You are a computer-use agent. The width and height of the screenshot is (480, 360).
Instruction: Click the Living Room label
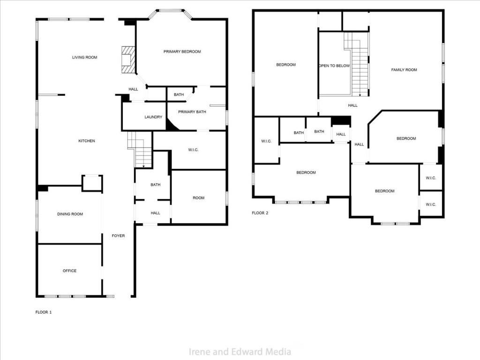point(84,58)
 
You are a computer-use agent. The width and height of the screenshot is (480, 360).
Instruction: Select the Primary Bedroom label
point(182,52)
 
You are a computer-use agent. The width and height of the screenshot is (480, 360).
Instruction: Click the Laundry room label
point(153,117)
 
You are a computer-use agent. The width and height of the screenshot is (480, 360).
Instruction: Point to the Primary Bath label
point(192,112)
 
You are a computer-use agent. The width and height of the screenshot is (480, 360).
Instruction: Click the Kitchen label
point(87,141)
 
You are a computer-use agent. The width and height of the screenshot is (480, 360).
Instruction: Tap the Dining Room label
point(70,214)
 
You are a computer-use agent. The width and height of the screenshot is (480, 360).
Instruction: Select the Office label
point(69,271)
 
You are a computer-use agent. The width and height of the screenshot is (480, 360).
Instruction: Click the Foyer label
point(118,236)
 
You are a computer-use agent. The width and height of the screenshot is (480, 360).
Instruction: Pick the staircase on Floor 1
point(140,150)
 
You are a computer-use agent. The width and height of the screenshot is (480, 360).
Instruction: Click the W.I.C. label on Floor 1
point(193,150)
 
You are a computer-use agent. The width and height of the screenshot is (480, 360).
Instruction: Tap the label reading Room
point(198,198)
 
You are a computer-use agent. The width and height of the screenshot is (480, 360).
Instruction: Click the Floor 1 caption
point(44,312)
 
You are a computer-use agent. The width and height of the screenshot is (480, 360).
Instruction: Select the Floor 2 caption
point(260,213)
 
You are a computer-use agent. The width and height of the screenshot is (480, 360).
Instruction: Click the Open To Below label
point(334,66)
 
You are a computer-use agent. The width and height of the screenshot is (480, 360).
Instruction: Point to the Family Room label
point(404,70)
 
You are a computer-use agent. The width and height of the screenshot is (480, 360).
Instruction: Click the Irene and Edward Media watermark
point(240,352)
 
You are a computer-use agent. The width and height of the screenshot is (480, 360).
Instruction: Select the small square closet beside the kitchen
point(92,183)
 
